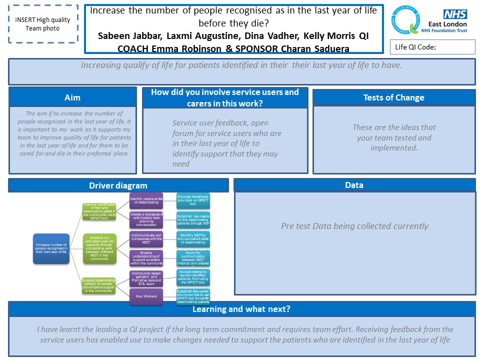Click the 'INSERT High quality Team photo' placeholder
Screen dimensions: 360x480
pos(42,24)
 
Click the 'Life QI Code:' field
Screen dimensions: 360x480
pos(432,47)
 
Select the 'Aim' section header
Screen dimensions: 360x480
pos(72,97)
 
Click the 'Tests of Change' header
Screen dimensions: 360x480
pos(393,97)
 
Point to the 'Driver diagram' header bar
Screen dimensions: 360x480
pos(118,185)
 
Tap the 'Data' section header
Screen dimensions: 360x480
pos(354,185)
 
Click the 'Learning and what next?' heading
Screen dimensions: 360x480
pos(241,309)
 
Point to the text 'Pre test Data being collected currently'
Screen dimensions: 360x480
pos(354,226)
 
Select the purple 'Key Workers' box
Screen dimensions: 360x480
pos(146,296)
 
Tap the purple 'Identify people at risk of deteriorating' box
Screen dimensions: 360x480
pos(146,201)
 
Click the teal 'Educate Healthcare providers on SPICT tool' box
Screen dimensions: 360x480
pos(193,201)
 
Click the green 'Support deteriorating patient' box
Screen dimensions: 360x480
pos(98,285)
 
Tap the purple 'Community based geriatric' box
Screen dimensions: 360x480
pos(146,277)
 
